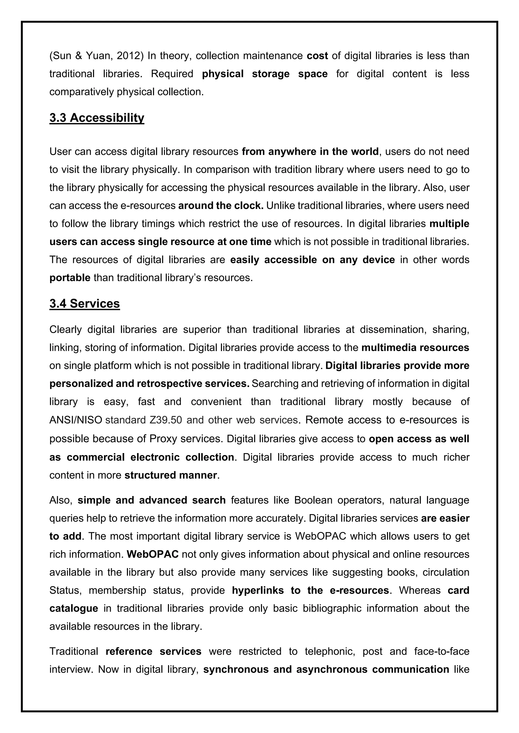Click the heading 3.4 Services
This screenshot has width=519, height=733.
click(x=85, y=303)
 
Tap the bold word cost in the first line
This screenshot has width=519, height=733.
click(x=317, y=56)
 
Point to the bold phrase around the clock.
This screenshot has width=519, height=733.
click(x=220, y=206)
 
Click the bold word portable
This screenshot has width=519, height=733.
click(x=70, y=278)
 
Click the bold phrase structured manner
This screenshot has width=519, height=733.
click(x=171, y=475)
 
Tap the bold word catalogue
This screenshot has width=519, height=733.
click(x=74, y=608)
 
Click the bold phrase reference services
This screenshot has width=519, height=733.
click(x=153, y=651)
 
